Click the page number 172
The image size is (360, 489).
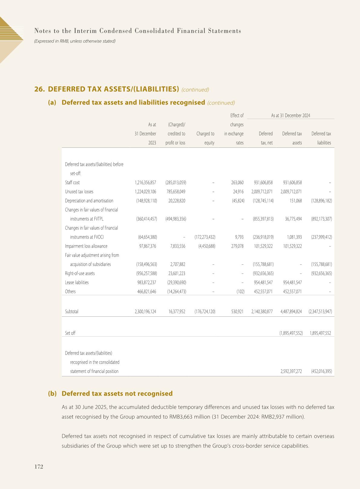39,467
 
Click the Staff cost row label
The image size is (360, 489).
72,183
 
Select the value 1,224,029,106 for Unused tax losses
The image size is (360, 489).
145,192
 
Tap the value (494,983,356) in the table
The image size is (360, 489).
176,219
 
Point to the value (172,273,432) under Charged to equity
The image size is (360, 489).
205,237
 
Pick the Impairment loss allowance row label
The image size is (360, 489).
86,246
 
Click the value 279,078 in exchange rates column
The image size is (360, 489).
237,246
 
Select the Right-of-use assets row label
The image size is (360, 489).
80,273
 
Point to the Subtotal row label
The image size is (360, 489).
71,312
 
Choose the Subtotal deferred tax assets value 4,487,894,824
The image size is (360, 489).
291,312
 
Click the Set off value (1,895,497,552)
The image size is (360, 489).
291,333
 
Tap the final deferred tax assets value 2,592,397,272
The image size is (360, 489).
291,372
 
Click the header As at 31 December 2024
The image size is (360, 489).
290,115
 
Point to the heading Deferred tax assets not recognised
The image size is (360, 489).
117,394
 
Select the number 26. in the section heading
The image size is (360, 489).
40,89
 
